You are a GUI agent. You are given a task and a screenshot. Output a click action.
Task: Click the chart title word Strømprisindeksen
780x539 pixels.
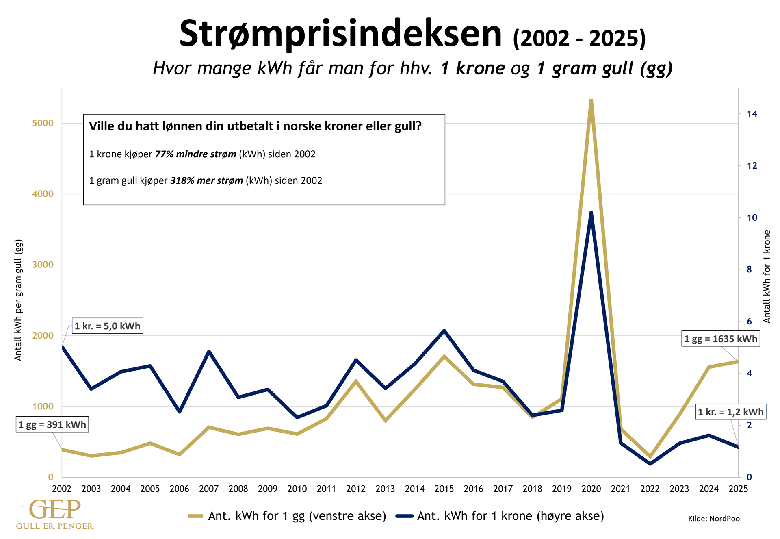coord(340,34)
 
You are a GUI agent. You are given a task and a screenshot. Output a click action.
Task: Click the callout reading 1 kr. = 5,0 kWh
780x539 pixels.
coord(107,326)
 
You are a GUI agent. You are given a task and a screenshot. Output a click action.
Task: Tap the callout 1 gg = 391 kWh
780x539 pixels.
coord(52,425)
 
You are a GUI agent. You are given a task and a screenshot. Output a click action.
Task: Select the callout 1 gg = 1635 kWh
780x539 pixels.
coord(721,339)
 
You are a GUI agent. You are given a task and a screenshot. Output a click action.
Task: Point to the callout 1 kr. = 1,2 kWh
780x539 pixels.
coord(730,412)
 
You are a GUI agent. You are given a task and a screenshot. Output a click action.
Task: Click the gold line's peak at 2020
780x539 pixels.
coord(591,100)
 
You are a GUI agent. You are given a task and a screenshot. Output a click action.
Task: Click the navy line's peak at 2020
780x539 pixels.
coord(591,213)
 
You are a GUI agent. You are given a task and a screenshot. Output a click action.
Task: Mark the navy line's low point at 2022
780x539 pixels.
coord(650,464)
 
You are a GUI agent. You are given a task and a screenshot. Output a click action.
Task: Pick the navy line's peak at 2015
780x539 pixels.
coord(444,330)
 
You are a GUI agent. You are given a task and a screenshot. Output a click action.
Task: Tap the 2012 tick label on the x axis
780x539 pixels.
coord(356,489)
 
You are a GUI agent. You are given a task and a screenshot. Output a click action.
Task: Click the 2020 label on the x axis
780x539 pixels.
coord(591,489)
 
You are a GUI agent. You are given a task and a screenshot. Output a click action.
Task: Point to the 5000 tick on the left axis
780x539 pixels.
coord(43,123)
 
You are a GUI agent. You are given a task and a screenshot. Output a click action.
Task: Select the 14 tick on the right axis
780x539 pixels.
coord(752,114)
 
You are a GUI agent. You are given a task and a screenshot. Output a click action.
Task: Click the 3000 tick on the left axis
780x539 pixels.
coord(43,265)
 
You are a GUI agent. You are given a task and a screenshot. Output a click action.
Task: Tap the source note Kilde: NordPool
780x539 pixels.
coord(715,519)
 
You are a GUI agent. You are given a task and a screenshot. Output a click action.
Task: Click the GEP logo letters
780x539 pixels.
coord(55,510)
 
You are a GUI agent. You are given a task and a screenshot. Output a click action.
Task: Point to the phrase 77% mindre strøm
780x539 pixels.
coord(195,154)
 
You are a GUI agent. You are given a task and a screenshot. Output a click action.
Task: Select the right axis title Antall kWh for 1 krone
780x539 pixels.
coord(767,276)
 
